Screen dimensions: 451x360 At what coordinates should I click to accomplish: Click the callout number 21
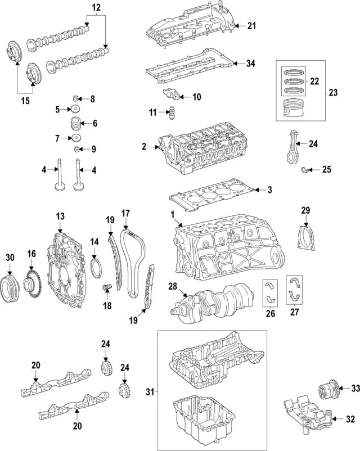(x=251, y=26)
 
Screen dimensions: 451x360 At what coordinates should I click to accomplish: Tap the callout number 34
(x=251, y=64)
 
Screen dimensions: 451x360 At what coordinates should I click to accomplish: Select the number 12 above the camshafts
(x=96, y=8)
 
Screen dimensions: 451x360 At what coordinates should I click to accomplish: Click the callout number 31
(x=150, y=391)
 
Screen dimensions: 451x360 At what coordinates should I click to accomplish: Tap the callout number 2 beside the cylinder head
(x=145, y=147)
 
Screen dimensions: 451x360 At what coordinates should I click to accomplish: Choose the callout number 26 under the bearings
(x=271, y=314)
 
